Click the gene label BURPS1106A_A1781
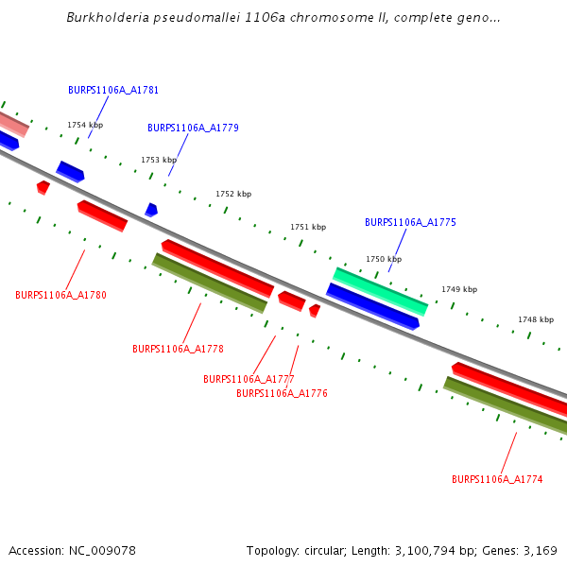113,91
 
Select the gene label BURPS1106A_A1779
193,129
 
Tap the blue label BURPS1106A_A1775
410,223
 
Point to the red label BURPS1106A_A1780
60,296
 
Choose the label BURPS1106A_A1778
178,350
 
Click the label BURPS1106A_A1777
249,380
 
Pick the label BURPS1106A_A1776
282,394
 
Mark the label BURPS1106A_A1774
497,480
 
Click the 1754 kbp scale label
85,126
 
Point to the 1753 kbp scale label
159,161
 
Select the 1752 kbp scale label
233,195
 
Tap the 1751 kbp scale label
308,228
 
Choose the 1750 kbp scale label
384,260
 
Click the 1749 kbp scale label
459,290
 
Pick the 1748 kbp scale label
536,320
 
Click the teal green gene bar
380,291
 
